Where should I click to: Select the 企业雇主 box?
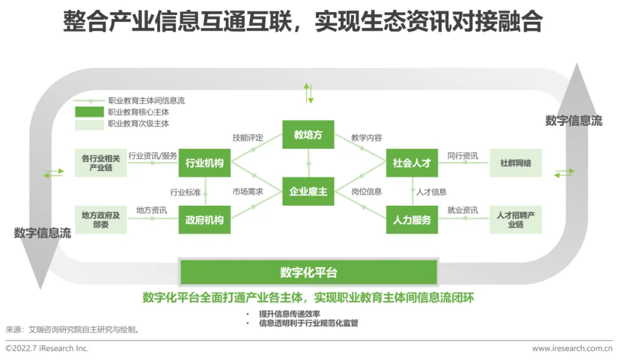pyautogui.click(x=308, y=191)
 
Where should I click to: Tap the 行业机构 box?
pyautogui.click(x=205, y=163)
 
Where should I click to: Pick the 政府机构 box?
pyautogui.click(x=205, y=220)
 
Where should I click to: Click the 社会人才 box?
pyautogui.click(x=412, y=163)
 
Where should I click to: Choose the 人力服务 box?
pyautogui.click(x=412, y=220)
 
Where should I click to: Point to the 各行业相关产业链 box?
pyautogui.click(x=100, y=163)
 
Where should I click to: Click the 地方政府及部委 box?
pyautogui.click(x=100, y=220)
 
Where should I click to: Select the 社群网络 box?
pyautogui.click(x=515, y=163)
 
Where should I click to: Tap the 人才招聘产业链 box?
pyautogui.click(x=515, y=220)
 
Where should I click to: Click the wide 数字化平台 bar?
pyautogui.click(x=308, y=272)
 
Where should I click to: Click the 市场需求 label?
pyautogui.click(x=248, y=191)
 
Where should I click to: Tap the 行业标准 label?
pyautogui.click(x=185, y=191)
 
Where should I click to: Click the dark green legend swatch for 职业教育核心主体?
pyautogui.click(x=89, y=112)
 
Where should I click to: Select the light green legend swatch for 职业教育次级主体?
pyautogui.click(x=89, y=123)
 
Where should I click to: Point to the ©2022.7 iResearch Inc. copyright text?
pyautogui.click(x=47, y=348)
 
